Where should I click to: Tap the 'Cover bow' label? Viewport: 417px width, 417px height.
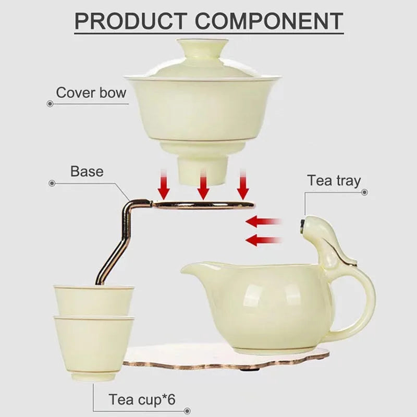[91, 93]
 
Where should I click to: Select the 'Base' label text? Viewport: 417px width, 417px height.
[87, 171]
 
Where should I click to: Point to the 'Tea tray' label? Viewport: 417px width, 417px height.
[334, 181]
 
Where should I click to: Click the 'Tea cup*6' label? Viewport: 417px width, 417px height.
[142, 400]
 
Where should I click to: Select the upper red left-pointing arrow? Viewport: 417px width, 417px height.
[263, 222]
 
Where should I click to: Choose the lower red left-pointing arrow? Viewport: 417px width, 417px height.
[263, 240]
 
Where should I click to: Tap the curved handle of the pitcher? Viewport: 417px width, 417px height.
[365, 302]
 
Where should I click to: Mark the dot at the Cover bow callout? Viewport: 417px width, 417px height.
[50, 104]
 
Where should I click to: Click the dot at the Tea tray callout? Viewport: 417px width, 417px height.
[364, 192]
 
